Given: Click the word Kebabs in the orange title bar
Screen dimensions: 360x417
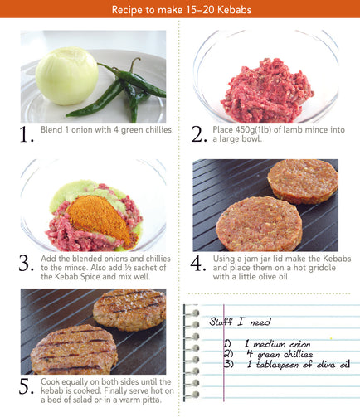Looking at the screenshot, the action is [x=234, y=10].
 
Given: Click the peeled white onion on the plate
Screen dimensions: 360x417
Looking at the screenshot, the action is [x=67, y=76].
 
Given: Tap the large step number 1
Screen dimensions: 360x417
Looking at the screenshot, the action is [x=27, y=135].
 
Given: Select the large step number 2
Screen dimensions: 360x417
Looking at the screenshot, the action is [x=199, y=134].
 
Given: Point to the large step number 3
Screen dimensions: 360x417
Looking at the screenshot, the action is [x=27, y=263].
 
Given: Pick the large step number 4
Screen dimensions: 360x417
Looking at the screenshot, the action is [x=198, y=263].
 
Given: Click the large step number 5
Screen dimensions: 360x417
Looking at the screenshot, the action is [x=27, y=386].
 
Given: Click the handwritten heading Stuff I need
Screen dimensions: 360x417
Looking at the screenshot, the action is [x=240, y=322].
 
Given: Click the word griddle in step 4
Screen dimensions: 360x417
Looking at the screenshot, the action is [x=322, y=268].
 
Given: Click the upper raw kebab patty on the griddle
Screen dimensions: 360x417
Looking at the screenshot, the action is [x=303, y=182].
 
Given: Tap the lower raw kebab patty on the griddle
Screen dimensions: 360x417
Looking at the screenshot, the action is [x=259, y=224].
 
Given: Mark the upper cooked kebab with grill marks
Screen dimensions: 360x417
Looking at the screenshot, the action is [x=129, y=309].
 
